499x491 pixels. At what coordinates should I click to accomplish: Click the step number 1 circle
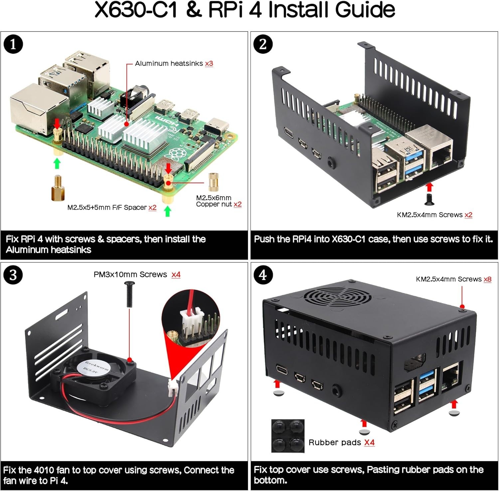click(13, 44)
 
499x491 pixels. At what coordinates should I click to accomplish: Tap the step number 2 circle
click(263, 44)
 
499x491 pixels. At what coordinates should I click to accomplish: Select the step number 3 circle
click(13, 275)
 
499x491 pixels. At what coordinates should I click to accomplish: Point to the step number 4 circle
click(263, 275)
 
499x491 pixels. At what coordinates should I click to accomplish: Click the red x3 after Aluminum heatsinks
click(209, 63)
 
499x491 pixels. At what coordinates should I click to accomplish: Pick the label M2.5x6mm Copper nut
click(214, 201)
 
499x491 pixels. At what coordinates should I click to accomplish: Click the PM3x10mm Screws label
click(130, 275)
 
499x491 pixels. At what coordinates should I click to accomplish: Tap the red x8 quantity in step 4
click(487, 279)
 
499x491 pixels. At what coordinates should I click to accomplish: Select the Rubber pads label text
click(335, 442)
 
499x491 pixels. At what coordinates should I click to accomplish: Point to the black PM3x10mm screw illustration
click(129, 294)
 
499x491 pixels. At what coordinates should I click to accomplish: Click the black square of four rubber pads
click(288, 435)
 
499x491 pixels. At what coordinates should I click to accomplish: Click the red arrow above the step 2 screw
click(429, 186)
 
